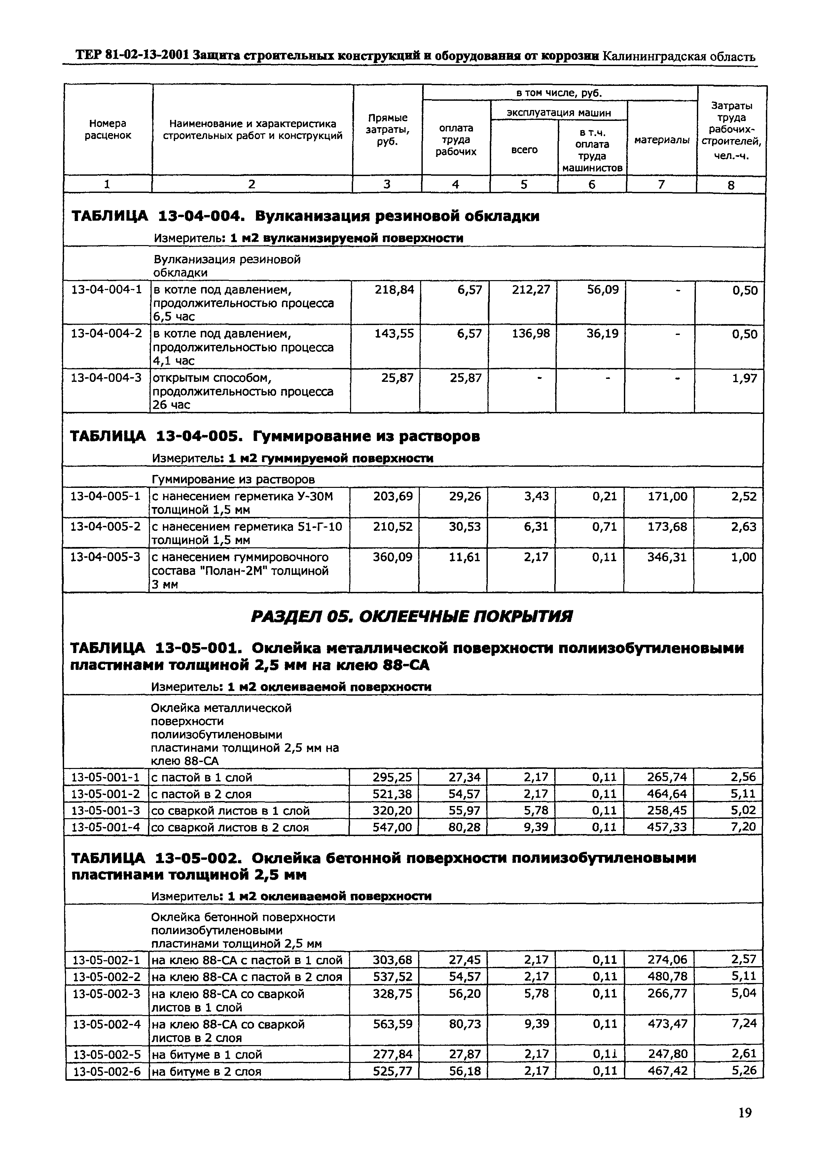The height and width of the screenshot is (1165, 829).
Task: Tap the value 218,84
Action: tap(395, 290)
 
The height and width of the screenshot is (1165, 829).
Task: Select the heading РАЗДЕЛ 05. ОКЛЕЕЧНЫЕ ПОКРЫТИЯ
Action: tap(412, 617)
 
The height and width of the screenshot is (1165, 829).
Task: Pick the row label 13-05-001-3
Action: tap(105, 811)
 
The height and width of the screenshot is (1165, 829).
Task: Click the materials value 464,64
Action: tap(667, 794)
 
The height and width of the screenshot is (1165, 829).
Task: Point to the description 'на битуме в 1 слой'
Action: tap(207, 1055)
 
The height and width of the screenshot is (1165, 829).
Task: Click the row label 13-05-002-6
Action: tap(106, 1072)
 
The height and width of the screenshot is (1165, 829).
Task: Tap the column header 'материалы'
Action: tap(662, 140)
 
